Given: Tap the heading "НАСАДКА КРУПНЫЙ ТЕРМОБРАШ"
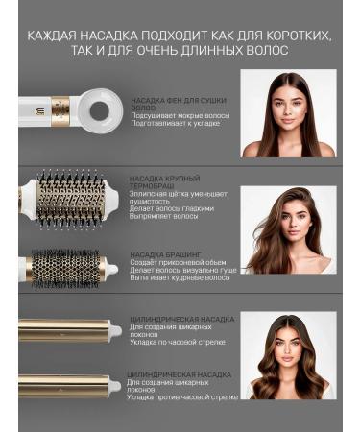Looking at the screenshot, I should click(165, 181).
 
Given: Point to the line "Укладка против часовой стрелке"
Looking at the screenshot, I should click(181, 396).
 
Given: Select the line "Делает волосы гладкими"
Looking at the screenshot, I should click(172, 207).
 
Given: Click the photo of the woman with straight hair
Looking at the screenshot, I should click(288, 114).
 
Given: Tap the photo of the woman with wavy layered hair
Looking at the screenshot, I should click(287, 230).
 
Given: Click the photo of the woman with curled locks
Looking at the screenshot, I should click(288, 355).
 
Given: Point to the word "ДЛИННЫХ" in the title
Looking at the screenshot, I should click(222, 50).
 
